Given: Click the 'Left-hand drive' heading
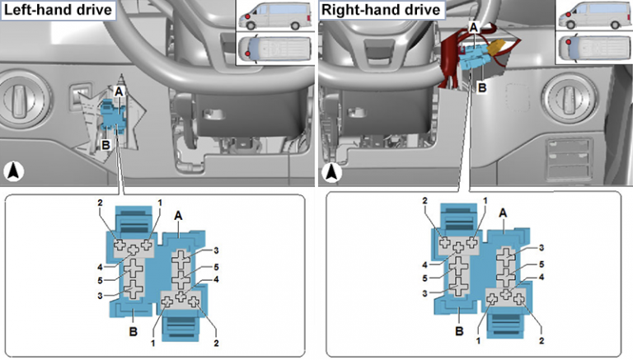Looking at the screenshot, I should (59, 12).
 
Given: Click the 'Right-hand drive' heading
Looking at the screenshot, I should (380, 12).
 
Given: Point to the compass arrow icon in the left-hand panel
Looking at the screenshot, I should (16, 172).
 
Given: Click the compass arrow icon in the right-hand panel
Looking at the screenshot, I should (332, 172).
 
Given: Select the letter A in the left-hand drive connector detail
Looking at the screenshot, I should (179, 213).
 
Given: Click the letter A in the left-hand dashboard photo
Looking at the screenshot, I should (120, 91).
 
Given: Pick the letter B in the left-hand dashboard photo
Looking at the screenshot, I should (105, 143).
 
